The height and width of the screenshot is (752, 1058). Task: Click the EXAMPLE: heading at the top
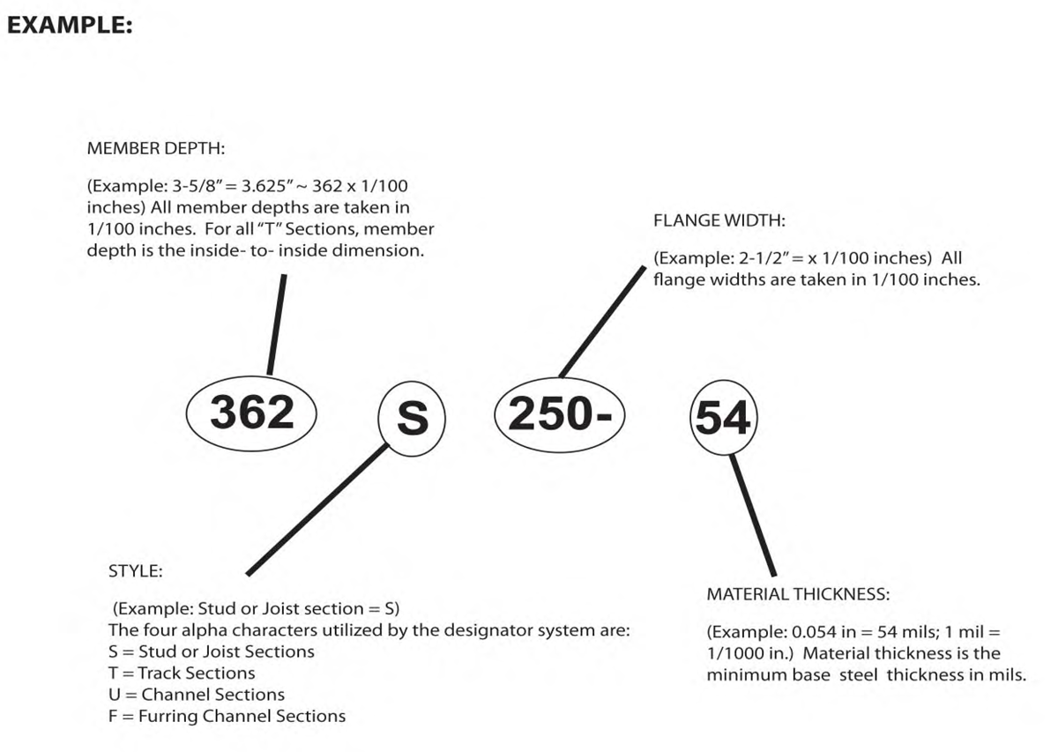click(70, 25)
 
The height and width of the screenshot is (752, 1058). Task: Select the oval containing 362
click(251, 376)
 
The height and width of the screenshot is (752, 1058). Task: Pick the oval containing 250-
click(560, 378)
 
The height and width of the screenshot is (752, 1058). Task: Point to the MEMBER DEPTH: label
click(156, 148)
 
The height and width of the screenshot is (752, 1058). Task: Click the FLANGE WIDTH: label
click(719, 220)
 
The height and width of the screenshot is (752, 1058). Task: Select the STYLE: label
click(136, 571)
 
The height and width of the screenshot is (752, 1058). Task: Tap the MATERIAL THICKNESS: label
click(798, 594)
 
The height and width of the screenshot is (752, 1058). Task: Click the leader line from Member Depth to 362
click(277, 325)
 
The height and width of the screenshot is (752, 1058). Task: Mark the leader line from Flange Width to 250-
click(602, 322)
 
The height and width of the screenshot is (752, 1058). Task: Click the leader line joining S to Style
click(317, 510)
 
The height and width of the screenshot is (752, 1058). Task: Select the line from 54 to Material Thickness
click(753, 516)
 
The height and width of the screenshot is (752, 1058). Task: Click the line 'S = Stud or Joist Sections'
click(212, 651)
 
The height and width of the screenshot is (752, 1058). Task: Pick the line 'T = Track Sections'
click(182, 673)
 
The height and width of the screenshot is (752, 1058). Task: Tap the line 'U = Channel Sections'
click(197, 695)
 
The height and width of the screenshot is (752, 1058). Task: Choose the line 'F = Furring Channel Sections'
click(227, 716)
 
